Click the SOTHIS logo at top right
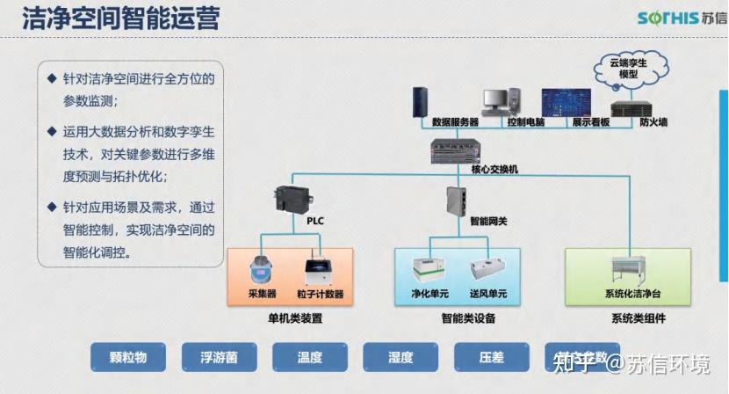coord(677,18)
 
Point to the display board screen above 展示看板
coord(565,99)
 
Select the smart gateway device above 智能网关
coord(457,201)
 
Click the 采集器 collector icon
coord(262,267)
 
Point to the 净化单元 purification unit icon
coord(429,269)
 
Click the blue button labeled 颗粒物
coord(128,357)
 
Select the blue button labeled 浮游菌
coord(219,357)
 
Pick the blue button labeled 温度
coord(309,357)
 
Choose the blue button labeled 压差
coord(491,357)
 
